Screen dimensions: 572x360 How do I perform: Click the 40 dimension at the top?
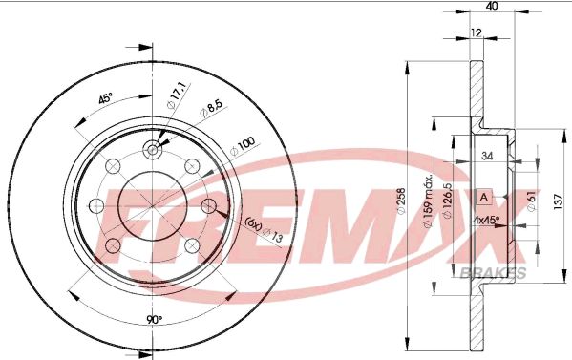(x=492, y=6)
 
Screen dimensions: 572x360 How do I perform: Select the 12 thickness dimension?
(x=477, y=32)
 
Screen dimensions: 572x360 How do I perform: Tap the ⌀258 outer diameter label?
(x=400, y=201)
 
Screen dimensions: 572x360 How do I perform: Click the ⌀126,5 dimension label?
(x=447, y=201)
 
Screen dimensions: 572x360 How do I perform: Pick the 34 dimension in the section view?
(x=487, y=156)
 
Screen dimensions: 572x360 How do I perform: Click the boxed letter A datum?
(x=484, y=198)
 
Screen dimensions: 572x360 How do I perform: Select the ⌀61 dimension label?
(x=531, y=201)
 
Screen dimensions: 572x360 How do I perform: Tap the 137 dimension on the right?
(x=558, y=201)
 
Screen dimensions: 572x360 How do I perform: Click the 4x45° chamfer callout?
(x=486, y=221)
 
